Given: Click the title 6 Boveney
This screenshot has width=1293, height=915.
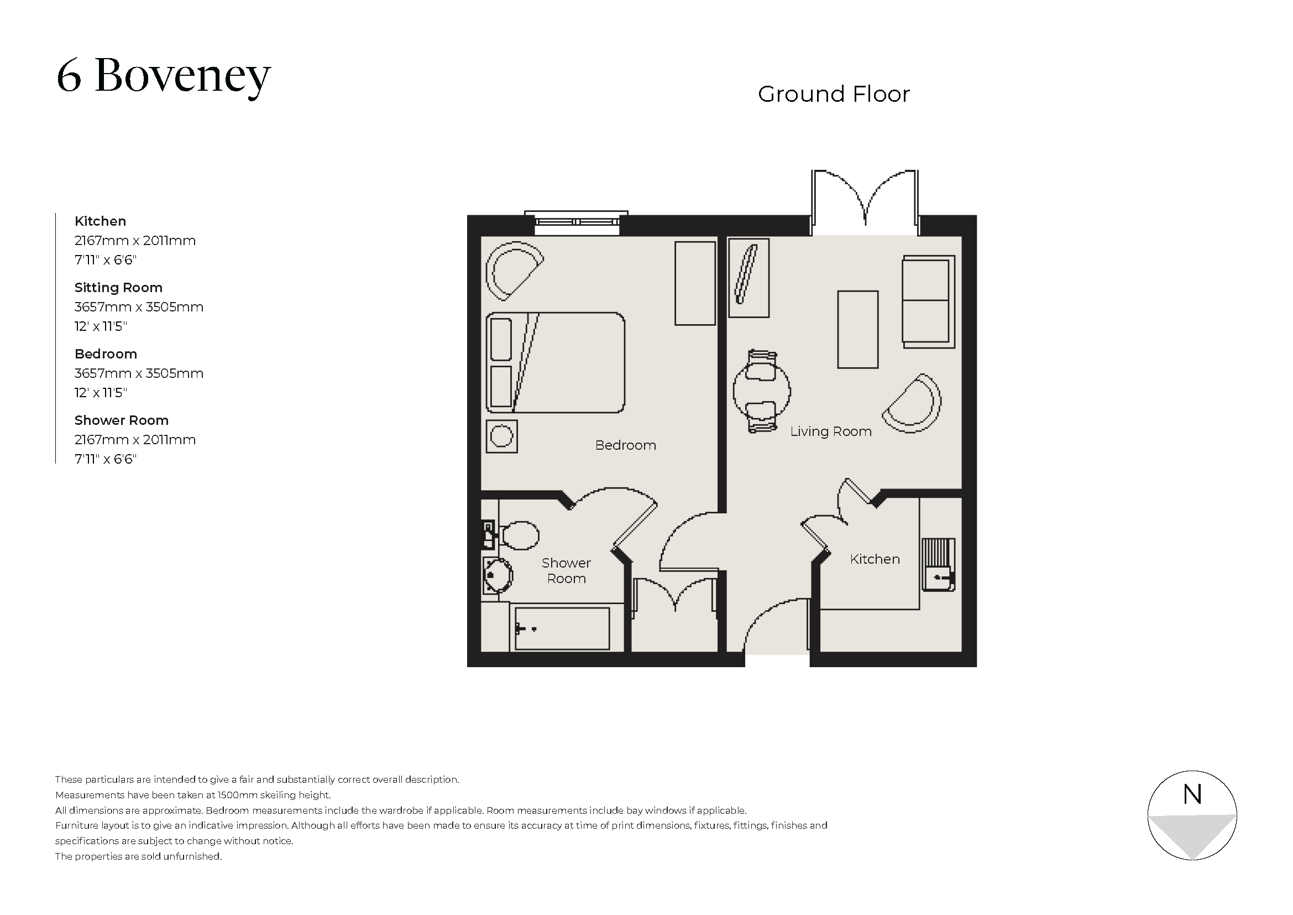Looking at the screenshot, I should (163, 76).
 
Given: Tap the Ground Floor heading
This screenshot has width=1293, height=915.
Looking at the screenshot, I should (833, 94).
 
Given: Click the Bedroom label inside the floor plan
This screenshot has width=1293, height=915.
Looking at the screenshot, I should (625, 445).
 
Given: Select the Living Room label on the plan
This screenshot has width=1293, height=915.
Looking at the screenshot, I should (830, 431).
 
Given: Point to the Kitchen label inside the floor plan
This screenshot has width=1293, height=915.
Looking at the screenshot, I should (874, 559).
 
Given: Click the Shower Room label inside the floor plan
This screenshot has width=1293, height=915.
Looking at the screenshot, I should (566, 570).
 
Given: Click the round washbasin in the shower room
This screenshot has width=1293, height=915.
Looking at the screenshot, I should (498, 575).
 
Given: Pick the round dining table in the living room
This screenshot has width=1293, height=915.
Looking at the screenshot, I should (761, 391).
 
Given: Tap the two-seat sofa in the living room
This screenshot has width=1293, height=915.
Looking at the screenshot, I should (928, 301).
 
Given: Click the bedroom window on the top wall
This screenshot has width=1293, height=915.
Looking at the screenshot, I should (576, 223).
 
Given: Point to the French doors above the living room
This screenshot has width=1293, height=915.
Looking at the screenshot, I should (865, 203).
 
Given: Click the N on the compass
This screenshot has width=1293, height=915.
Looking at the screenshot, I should (1192, 794).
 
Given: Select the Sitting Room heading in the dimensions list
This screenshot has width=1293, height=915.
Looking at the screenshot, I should (118, 288).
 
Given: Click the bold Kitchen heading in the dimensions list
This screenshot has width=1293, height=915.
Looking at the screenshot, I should (100, 221).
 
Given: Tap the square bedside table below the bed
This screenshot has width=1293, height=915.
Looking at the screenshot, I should (501, 436).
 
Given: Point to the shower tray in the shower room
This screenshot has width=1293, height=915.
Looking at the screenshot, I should (562, 628).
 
